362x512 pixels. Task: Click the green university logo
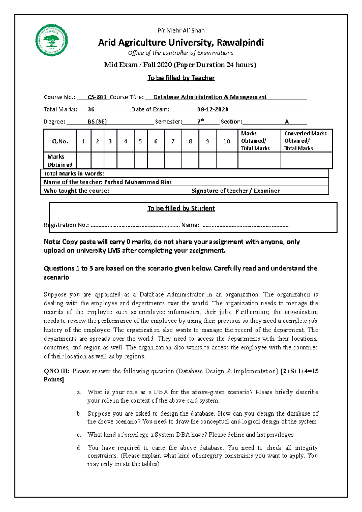click(52, 40)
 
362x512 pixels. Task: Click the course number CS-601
click(97, 97)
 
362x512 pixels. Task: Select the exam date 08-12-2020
click(213, 109)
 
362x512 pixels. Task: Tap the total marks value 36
click(91, 109)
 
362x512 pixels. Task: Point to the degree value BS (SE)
click(97, 122)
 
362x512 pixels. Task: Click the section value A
click(287, 122)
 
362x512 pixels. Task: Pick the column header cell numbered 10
click(227, 141)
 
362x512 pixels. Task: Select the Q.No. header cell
click(60, 141)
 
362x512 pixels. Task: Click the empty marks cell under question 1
click(83, 160)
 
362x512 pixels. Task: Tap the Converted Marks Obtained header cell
click(306, 141)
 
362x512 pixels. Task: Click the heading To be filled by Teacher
click(181, 78)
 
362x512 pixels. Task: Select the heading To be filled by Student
click(181, 208)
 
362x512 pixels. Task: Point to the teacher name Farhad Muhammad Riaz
click(138, 182)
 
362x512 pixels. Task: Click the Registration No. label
click(66, 225)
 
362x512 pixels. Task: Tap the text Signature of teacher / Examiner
click(236, 191)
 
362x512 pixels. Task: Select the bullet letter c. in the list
click(79, 435)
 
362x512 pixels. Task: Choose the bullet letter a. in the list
click(79, 392)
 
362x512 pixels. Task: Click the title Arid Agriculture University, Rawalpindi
click(181, 43)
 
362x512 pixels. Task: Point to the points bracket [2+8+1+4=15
click(299, 371)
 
